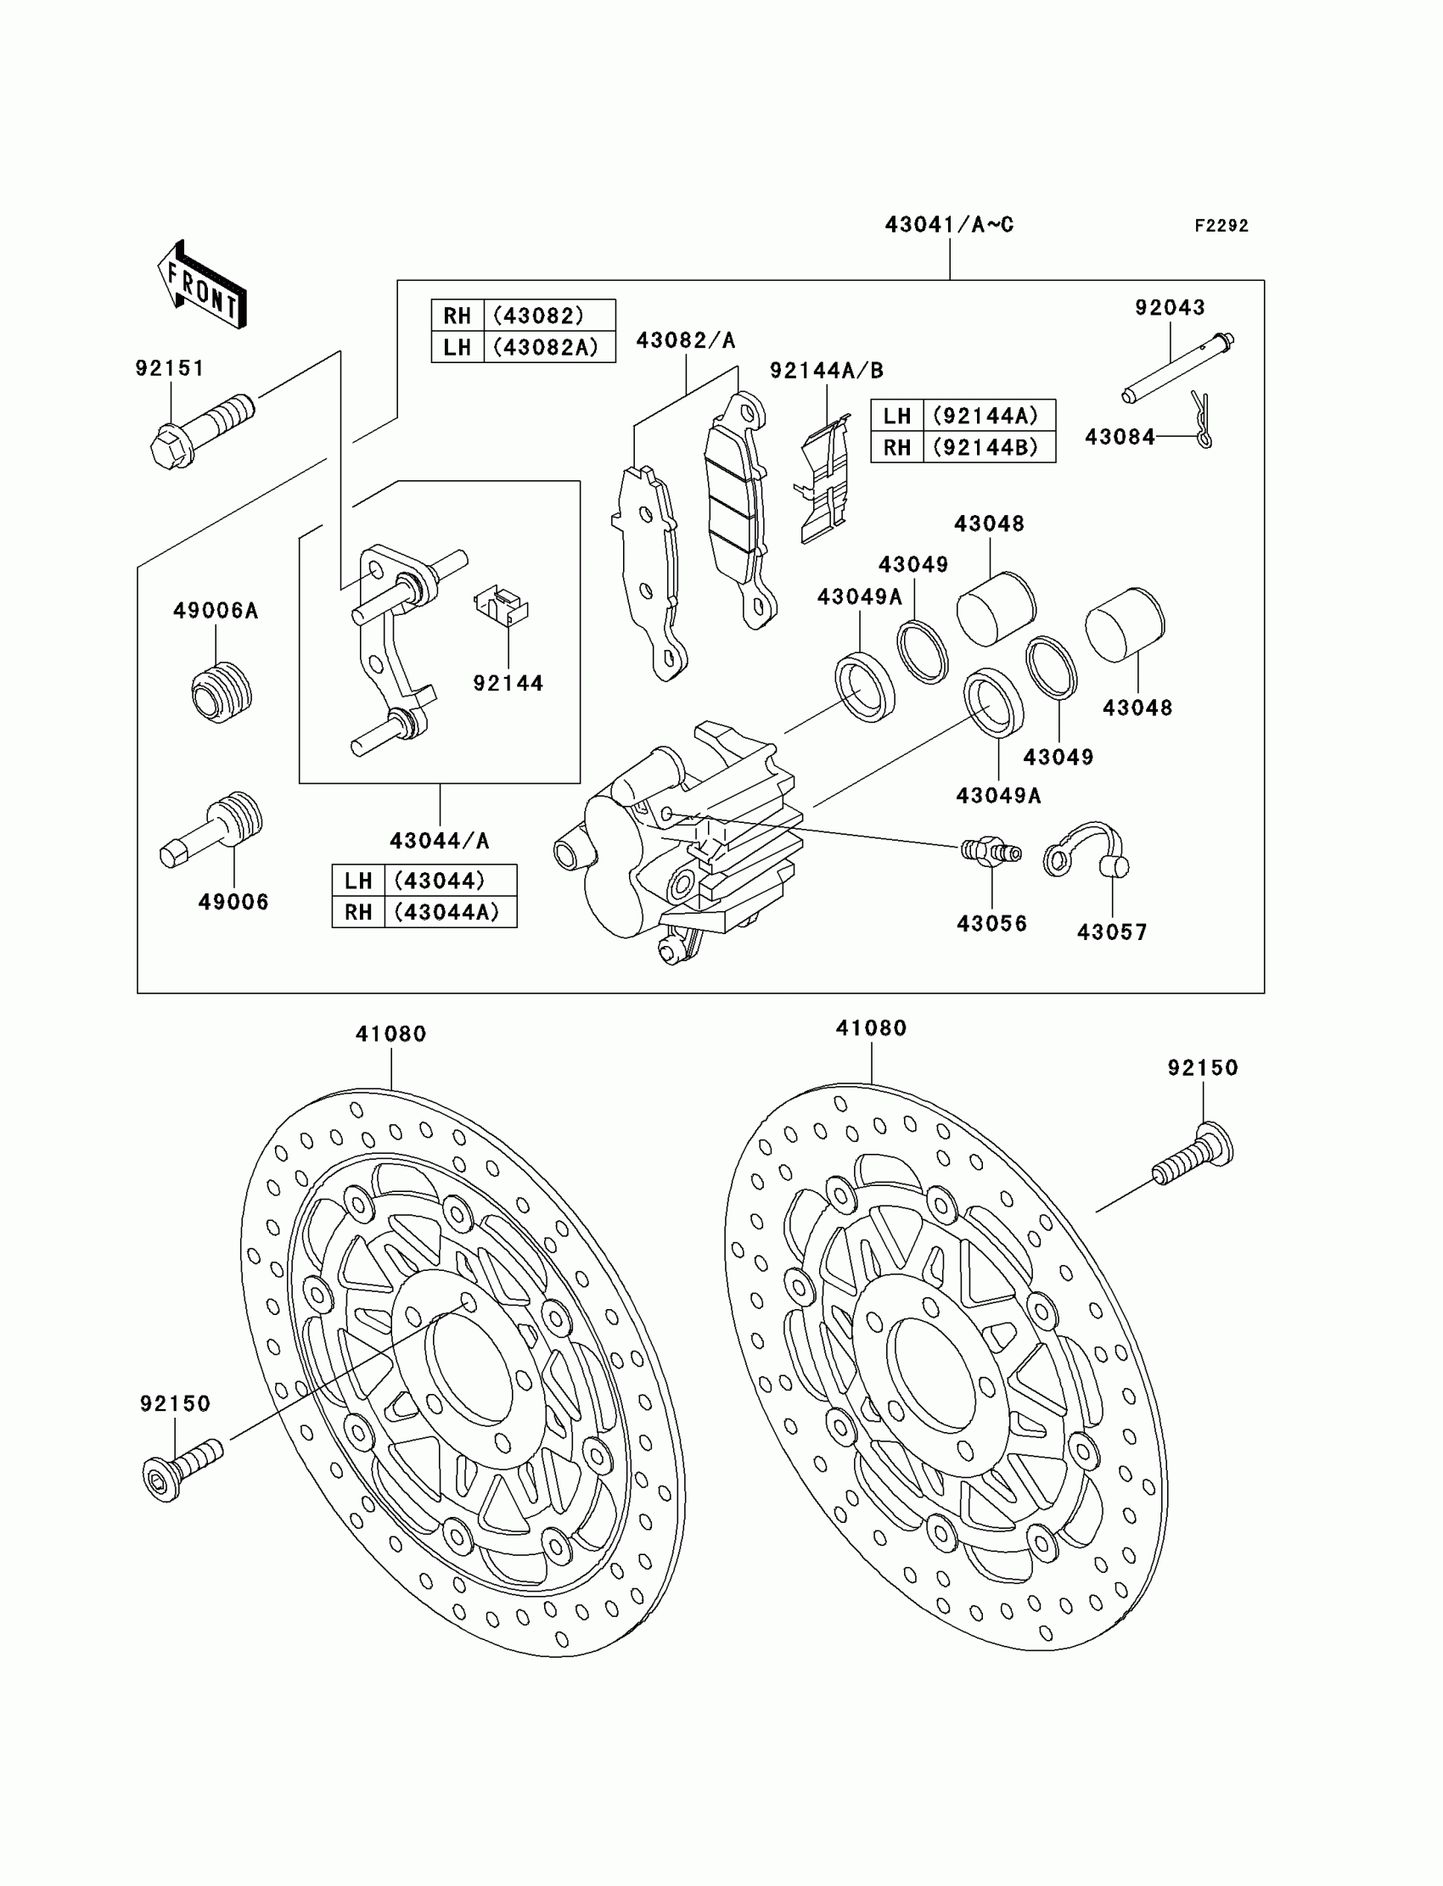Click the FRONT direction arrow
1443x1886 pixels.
coord(202,286)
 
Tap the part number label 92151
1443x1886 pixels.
coord(170,368)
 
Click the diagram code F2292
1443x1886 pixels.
coord(1221,226)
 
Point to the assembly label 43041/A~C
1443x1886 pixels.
coord(949,225)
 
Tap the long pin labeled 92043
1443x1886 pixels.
coord(1177,367)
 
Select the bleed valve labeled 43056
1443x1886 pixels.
coord(991,852)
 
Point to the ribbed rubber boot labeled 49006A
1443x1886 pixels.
coord(220,692)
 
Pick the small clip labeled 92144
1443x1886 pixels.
coord(503,602)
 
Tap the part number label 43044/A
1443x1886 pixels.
coord(439,841)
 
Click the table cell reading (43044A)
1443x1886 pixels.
coord(446,912)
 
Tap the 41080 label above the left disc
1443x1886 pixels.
coord(390,1033)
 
